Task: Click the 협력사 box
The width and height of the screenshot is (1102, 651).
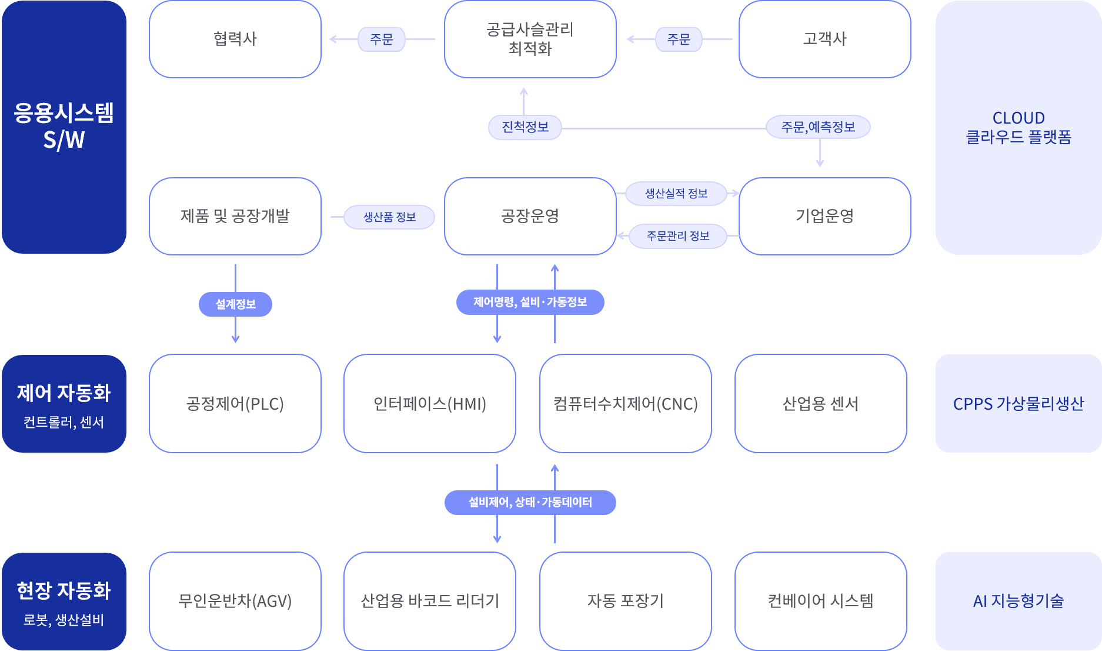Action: [235, 39]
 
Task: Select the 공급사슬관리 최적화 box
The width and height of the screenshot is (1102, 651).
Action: [530, 39]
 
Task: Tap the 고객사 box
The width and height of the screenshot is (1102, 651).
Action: [824, 39]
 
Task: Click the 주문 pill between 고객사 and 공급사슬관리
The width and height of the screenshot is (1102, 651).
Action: [679, 39]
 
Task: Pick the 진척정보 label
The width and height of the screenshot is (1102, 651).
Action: [525, 127]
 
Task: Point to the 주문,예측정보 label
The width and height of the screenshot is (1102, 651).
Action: [818, 127]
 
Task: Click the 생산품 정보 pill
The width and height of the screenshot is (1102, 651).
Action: [389, 217]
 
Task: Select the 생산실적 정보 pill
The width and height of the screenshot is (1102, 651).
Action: [676, 194]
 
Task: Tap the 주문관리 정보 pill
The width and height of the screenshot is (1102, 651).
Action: [678, 236]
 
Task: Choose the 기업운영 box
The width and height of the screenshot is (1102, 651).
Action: [824, 216]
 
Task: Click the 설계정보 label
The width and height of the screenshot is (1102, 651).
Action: [235, 304]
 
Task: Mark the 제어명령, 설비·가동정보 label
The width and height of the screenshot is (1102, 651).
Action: [530, 302]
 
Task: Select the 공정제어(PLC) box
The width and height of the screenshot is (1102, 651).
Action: [235, 404]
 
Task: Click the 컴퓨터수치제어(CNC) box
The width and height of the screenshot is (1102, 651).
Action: [625, 404]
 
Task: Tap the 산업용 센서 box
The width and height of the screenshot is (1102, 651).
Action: [820, 404]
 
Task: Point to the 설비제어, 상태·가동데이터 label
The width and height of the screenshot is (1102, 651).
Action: [530, 503]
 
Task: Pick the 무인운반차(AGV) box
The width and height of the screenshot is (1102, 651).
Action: [235, 601]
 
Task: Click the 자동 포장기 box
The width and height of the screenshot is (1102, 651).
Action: [625, 601]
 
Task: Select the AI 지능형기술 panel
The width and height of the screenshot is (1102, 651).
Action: [1018, 601]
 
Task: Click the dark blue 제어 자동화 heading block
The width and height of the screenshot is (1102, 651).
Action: [64, 404]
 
